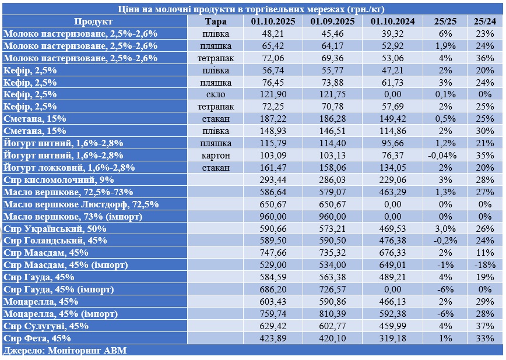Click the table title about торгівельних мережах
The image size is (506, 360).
(252, 9)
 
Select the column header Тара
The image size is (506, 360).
(216, 22)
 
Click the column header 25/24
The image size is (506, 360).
(484, 22)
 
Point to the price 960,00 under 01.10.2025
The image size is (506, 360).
(273, 216)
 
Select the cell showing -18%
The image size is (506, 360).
(484, 265)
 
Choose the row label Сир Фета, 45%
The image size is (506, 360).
(37, 338)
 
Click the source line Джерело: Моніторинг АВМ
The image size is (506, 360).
(65, 350)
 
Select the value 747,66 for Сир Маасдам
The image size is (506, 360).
(273, 253)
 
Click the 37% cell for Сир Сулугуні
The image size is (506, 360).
(484, 326)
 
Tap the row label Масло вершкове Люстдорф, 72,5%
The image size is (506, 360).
(81, 204)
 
